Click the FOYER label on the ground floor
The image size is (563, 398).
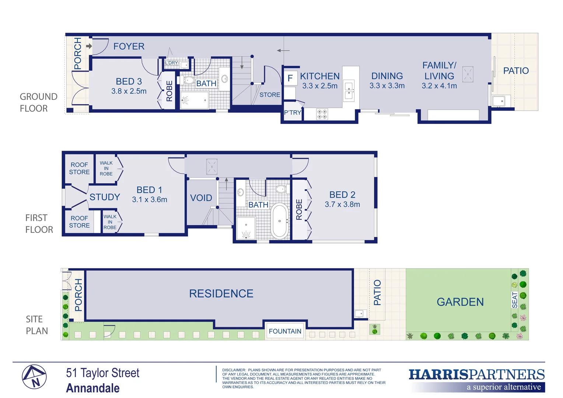click(129, 46)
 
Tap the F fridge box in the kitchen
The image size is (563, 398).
click(290, 78)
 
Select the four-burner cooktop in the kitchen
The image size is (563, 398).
click(322, 114)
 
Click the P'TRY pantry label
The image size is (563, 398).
click(293, 113)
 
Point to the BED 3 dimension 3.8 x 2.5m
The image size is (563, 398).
click(129, 91)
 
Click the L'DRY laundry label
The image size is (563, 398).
click(171, 63)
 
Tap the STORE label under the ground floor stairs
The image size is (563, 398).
click(270, 95)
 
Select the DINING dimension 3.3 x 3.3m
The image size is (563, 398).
click(387, 86)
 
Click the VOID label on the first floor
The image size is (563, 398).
click(201, 198)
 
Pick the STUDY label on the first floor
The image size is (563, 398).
click(105, 197)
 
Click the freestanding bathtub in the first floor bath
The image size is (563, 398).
click(280, 221)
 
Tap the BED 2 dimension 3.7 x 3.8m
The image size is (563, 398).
click(342, 205)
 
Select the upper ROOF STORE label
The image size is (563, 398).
click(79, 168)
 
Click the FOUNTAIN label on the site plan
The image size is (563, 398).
click(285, 331)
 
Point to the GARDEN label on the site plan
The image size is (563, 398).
click(460, 302)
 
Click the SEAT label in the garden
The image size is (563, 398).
click(515, 300)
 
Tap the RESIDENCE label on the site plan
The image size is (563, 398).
click(221, 294)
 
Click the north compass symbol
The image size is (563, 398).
click(34, 377)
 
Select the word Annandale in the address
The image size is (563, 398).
click(93, 388)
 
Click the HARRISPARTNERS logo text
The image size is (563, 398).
click(476, 375)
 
